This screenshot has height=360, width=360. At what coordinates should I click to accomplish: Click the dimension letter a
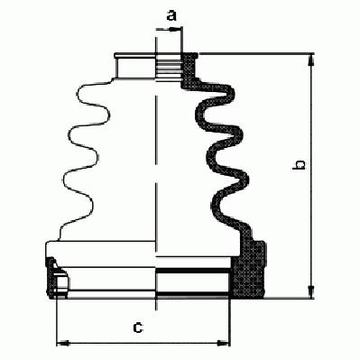pos(171,15)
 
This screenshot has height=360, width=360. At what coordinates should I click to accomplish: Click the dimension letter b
pos(299,165)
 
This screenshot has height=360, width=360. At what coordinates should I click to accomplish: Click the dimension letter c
pos(138,328)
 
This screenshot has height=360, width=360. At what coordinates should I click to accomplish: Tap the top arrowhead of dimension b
pos(312,60)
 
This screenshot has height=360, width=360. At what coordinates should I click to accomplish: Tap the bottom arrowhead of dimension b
pos(312,291)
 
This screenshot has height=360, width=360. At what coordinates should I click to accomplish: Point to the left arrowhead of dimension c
pos(63,343)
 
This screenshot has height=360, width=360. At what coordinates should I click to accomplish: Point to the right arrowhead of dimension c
pos(223,343)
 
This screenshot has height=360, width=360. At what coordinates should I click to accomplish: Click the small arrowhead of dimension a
pos(174,29)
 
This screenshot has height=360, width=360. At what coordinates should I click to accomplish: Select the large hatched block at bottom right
pos(248,269)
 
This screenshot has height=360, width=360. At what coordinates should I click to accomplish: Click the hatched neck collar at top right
pos(189,69)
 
